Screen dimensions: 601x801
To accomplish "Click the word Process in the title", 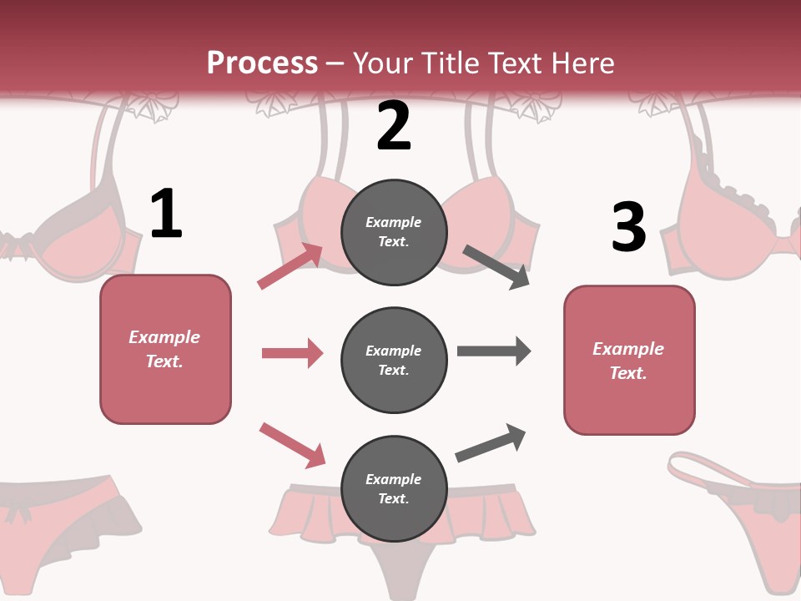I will (x=262, y=63).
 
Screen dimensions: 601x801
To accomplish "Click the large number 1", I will (x=166, y=215).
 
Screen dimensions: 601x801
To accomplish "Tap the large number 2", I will (x=394, y=126).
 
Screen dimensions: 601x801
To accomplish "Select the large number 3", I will (x=629, y=227).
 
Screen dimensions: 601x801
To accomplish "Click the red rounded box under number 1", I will (x=165, y=349).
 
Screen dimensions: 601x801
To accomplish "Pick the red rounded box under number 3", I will (x=629, y=361).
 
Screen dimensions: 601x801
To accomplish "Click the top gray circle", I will (x=394, y=231).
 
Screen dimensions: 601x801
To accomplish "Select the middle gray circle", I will (x=394, y=360).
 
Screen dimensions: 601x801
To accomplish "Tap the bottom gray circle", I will (x=394, y=488).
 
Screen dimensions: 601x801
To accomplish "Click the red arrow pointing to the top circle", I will (x=290, y=266).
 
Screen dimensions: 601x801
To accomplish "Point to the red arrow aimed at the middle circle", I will (x=292, y=353).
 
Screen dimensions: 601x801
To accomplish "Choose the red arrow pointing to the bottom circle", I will (x=292, y=444).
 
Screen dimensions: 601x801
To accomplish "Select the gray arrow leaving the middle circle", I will (x=494, y=351).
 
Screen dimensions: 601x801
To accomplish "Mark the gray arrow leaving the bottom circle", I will (x=491, y=443).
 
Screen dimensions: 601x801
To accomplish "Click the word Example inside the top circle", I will (x=394, y=222).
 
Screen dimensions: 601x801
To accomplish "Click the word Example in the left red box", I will (x=164, y=337).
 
